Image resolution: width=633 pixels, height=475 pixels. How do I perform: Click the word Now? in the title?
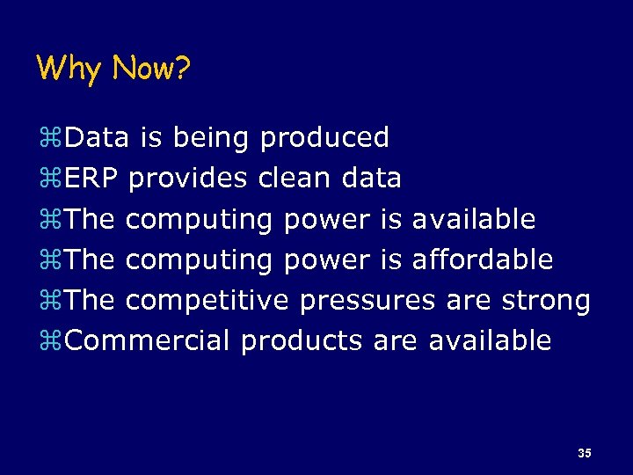[150, 68]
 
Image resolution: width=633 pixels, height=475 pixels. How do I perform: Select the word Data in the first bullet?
[97, 137]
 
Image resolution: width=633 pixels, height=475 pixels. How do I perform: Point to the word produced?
[324, 137]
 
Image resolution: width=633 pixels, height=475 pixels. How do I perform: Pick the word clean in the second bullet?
[295, 178]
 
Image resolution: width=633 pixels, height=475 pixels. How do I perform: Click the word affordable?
[483, 259]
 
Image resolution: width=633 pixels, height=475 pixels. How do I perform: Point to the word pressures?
[367, 301]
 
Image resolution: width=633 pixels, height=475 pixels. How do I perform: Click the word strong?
[545, 301]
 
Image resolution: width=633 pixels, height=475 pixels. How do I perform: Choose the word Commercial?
[147, 340]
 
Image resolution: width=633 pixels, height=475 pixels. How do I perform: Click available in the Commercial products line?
[490, 340]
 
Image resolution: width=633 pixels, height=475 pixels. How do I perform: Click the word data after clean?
[371, 178]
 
